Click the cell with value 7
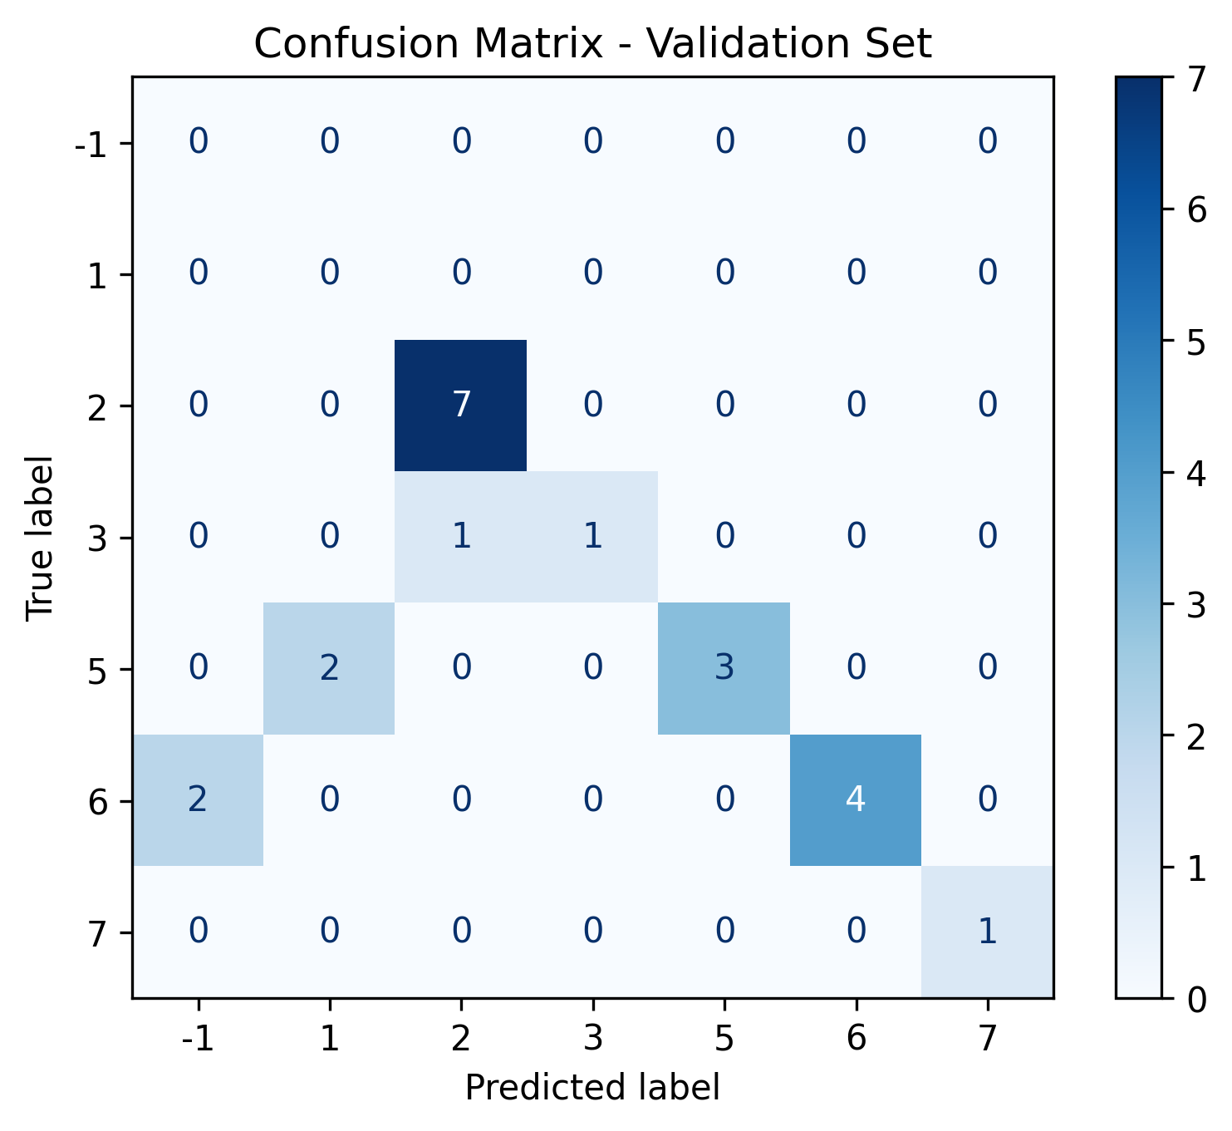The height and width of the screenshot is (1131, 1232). pos(461,406)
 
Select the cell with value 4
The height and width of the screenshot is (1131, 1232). pos(856,800)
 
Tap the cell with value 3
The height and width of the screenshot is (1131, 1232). pos(724,669)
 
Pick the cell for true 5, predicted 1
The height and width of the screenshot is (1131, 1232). pos(330,669)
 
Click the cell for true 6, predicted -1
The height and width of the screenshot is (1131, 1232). pos(198,800)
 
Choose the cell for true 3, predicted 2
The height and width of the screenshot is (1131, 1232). pos(461,537)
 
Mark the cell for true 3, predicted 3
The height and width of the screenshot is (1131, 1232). pos(592,537)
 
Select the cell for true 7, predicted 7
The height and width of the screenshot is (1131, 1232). pos(987,932)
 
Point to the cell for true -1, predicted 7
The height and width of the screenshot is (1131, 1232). pos(987,142)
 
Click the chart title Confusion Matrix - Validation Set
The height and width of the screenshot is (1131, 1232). pos(592,44)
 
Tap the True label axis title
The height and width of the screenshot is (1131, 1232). pos(39,537)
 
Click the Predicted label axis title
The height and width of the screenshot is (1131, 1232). pos(592,1088)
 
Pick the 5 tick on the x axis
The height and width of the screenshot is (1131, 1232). pos(724,1040)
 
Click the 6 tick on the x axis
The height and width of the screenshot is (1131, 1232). pos(856,1040)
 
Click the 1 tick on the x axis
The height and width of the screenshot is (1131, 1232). pos(330,1040)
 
